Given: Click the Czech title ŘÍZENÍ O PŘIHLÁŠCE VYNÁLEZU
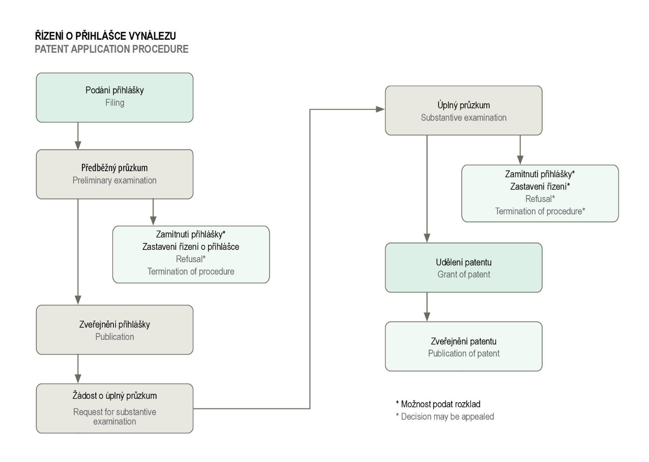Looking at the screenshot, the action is tap(105, 36).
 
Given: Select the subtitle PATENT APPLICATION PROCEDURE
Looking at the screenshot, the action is tap(112, 49).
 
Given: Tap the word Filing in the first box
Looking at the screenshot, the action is tap(115, 103).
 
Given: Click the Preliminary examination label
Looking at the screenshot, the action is tap(114, 180).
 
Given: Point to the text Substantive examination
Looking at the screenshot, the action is tap(464, 118).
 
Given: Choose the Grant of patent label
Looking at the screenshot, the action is tap(464, 274).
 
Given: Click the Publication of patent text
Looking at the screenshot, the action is tap(464, 353).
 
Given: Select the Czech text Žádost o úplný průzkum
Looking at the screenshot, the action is tap(115, 395).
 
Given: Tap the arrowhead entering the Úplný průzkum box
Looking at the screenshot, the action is tap(380, 109).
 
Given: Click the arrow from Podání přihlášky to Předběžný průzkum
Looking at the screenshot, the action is tap(78, 136).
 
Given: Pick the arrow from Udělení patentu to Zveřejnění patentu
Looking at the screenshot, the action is tap(427, 307).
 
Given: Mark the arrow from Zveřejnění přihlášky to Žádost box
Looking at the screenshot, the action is tap(78, 369).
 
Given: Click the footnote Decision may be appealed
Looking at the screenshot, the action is tap(445, 417).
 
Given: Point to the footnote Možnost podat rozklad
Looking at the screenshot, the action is tap(438, 404).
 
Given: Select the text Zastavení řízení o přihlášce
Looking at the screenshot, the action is tap(191, 247).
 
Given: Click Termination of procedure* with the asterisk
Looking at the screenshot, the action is tap(540, 211).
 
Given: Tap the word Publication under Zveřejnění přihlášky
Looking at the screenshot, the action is tap(115, 337).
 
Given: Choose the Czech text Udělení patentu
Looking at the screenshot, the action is tap(464, 262).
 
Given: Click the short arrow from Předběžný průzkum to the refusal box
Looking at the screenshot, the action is tap(153, 212).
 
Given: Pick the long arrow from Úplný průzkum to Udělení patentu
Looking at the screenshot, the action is tap(427, 189).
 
